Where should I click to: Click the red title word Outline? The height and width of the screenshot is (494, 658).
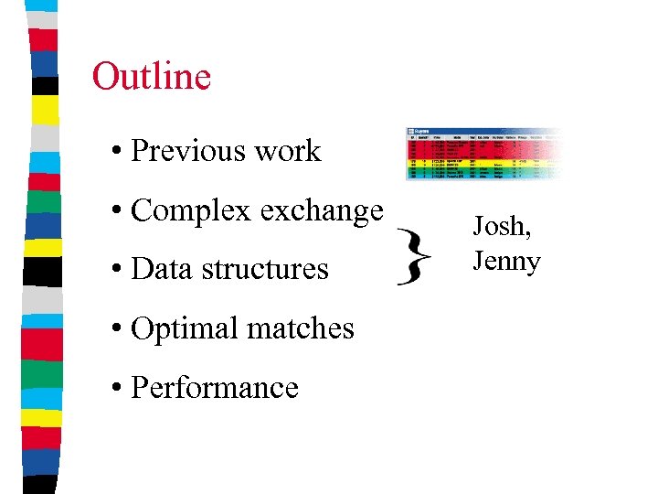pos(151,77)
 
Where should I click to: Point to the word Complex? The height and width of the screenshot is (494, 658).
pos(190,211)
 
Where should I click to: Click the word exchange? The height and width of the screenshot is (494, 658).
pos(321,211)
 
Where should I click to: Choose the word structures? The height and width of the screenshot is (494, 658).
pos(263,269)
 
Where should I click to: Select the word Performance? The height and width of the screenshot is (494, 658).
pos(215,387)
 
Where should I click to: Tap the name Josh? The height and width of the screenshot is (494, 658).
pos(500,226)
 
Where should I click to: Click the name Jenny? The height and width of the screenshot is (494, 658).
pos(506,262)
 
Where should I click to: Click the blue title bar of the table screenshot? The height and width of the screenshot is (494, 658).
pos(457,131)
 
